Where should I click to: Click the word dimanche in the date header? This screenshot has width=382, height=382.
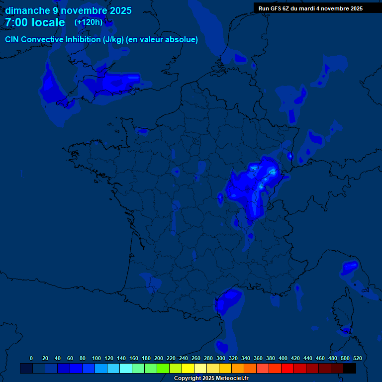[x=28, y=10]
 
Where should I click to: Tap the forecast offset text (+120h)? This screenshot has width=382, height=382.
[x=89, y=22]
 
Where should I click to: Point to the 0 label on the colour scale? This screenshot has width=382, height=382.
[x=31, y=358]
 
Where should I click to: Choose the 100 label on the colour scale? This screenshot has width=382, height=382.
[x=96, y=358]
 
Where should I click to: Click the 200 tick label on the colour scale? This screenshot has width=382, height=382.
[x=159, y=358]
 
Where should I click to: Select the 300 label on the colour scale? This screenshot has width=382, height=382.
[x=221, y=358]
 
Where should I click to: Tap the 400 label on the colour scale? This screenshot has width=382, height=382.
[x=283, y=358]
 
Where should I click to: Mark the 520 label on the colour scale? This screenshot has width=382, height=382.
[x=357, y=358]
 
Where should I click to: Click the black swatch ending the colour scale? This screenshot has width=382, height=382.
[x=350, y=368]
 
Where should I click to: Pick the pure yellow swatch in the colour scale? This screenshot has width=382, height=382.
[x=188, y=368]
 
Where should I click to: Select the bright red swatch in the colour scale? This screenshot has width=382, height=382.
[x=287, y=368]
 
